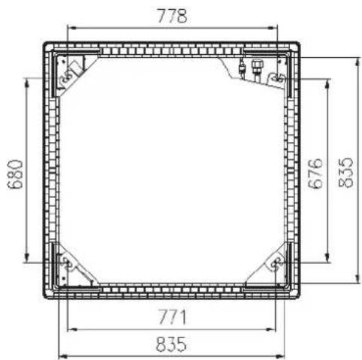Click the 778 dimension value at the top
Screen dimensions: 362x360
point(172,16)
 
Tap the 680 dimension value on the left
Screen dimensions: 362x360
point(16,174)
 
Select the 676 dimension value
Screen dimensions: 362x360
point(315,173)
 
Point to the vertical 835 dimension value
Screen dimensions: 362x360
point(345,172)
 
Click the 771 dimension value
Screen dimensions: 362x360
point(173,316)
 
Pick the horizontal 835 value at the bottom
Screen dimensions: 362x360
point(171,343)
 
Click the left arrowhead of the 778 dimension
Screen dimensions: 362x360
point(72,28)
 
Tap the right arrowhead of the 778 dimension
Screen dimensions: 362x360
point(273,28)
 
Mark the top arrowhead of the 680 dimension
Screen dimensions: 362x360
point(27,83)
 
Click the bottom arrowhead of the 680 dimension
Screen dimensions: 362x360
point(27,258)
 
